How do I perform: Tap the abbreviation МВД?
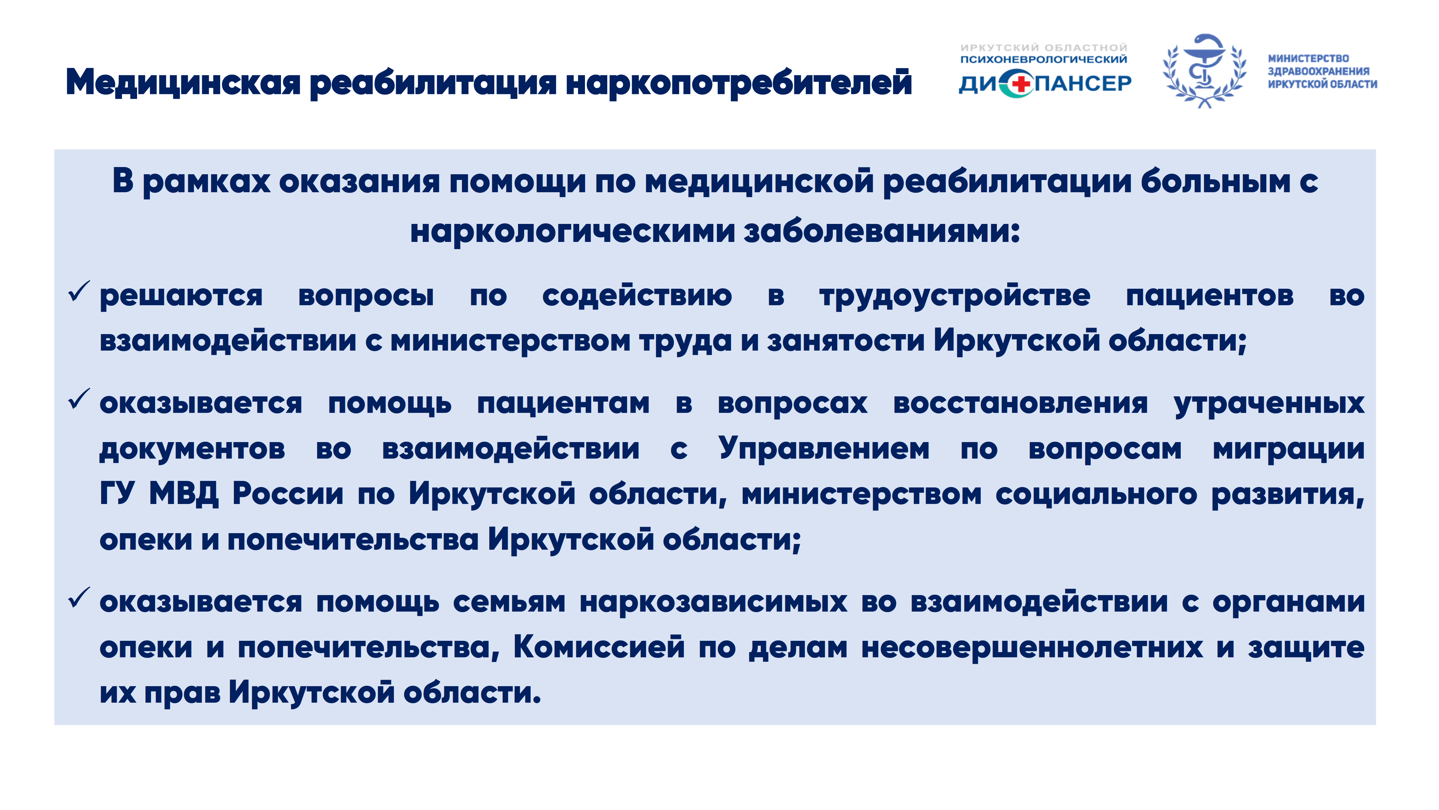click(x=184, y=494)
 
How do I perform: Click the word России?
click(x=288, y=494)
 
